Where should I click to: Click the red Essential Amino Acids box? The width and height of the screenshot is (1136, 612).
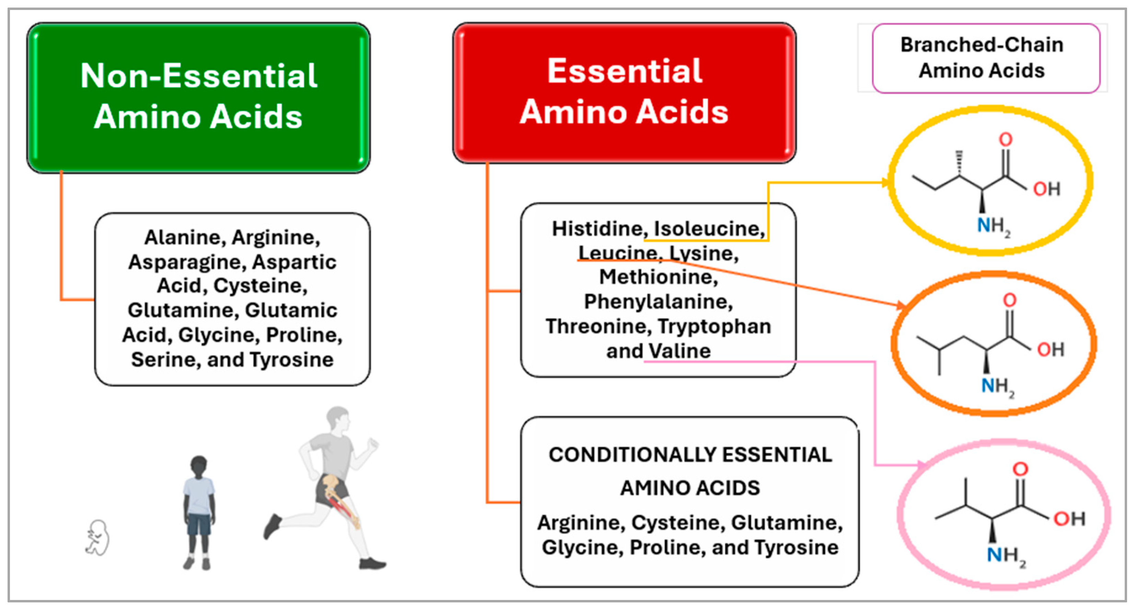[x=624, y=93]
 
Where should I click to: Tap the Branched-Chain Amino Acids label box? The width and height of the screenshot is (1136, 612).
[x=986, y=58]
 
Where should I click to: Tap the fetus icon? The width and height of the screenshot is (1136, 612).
[x=97, y=537]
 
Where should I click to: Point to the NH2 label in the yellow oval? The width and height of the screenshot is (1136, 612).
[x=993, y=226]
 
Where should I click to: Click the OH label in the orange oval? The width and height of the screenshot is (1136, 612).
[x=1051, y=350]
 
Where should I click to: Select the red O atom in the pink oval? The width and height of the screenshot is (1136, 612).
[x=1020, y=468]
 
